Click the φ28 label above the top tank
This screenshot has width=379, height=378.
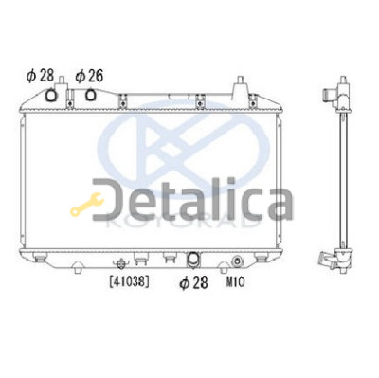(41, 77)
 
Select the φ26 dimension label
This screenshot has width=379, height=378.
(90, 77)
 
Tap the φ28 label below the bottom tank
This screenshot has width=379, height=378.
(194, 282)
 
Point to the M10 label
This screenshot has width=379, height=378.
(235, 282)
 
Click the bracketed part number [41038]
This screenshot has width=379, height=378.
(129, 281)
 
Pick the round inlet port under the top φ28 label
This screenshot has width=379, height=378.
(51, 96)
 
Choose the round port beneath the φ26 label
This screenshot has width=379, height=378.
(91, 95)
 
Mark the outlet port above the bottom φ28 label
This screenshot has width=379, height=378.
(192, 259)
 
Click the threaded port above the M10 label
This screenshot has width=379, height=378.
(237, 261)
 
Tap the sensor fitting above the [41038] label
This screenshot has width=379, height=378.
(121, 263)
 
